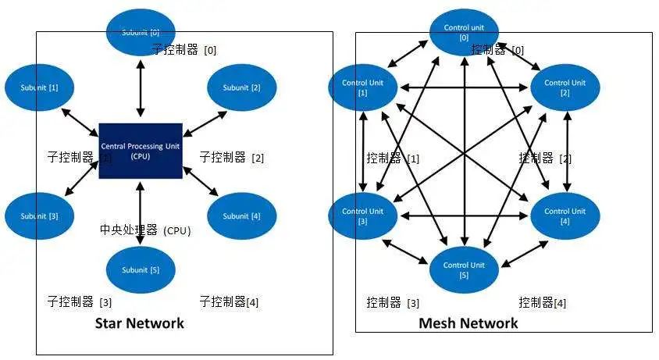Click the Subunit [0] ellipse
pyautogui.click(x=141, y=33)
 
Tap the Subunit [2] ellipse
pyautogui.click(x=240, y=87)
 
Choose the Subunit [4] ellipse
pyautogui.click(x=240, y=216)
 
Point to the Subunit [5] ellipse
pyautogui.click(x=141, y=270)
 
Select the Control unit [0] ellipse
pyautogui.click(x=465, y=33)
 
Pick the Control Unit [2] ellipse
pyautogui.click(x=565, y=87)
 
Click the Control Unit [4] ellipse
pyautogui.click(x=565, y=216)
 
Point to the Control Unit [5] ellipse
pyautogui.click(x=465, y=269)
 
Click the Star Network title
pyautogui.click(x=140, y=323)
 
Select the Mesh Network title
pyautogui.click(x=468, y=323)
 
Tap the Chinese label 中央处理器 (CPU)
pyautogui.click(x=145, y=230)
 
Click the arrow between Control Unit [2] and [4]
pyautogui.click(x=566, y=151)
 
